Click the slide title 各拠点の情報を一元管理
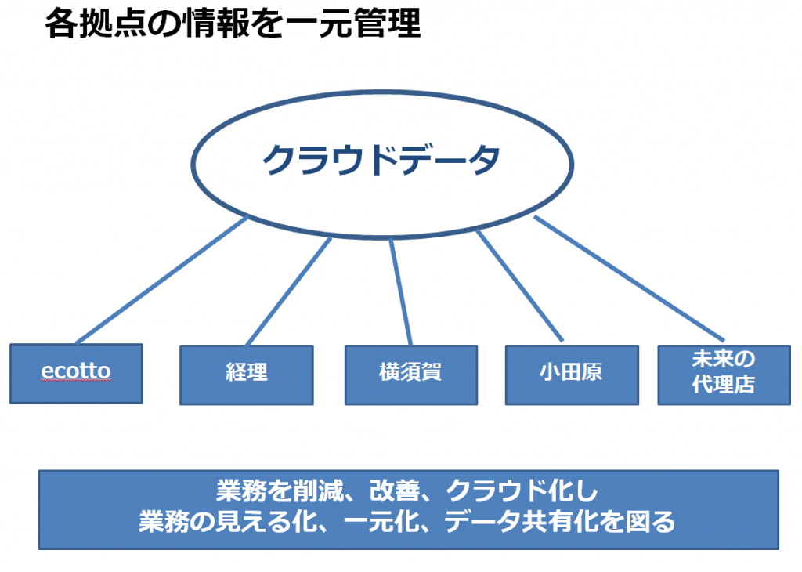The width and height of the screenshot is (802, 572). (x=233, y=23)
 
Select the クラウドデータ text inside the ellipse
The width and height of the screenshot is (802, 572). (x=381, y=159)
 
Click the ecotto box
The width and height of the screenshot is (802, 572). (x=76, y=374)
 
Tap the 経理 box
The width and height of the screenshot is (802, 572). (x=247, y=375)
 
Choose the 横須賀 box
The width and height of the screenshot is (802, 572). (x=411, y=375)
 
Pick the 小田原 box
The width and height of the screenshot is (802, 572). (x=572, y=375)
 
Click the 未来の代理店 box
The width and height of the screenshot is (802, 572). (x=724, y=375)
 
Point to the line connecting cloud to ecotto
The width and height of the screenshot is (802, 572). (x=162, y=280)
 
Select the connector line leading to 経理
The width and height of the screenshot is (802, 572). (x=289, y=291)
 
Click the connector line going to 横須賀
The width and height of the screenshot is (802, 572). (x=400, y=291)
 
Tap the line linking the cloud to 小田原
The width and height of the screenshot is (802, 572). (x=520, y=285)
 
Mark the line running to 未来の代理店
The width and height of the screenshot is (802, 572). (x=629, y=278)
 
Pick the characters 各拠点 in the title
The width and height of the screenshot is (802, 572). (x=96, y=23)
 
